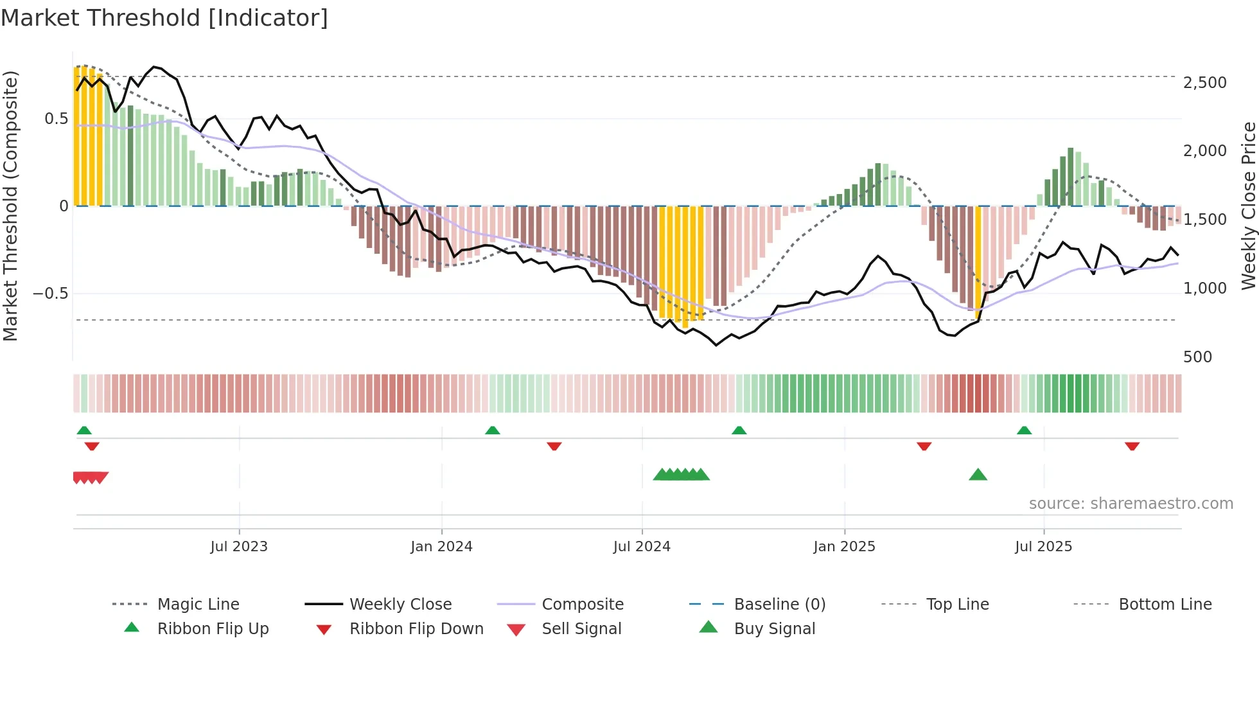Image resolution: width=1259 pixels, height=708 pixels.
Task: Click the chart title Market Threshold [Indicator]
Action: [x=164, y=18]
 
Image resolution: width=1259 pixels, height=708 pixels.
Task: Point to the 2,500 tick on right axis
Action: [x=1204, y=83]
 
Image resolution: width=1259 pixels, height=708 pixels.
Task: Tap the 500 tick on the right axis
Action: [x=1197, y=357]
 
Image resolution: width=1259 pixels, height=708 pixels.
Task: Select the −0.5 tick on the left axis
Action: [x=50, y=294]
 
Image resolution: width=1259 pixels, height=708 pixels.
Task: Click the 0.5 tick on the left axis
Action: [x=56, y=119]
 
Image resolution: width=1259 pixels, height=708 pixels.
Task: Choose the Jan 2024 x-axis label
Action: [x=441, y=547]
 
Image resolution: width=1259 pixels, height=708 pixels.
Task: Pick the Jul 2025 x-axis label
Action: [x=1043, y=547]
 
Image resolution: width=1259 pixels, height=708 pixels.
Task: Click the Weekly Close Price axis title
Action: [x=1247, y=206]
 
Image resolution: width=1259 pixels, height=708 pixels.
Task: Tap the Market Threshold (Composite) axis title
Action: [x=10, y=206]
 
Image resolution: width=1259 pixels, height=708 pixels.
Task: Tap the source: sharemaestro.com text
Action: [x=1131, y=504]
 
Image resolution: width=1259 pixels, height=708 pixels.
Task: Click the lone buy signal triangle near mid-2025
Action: [x=978, y=475]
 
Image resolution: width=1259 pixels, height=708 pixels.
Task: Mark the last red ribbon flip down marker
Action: [x=1132, y=446]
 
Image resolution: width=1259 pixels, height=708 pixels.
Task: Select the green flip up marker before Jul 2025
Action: [x=1024, y=430]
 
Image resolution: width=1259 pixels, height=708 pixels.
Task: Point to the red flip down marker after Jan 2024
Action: [x=554, y=446]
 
